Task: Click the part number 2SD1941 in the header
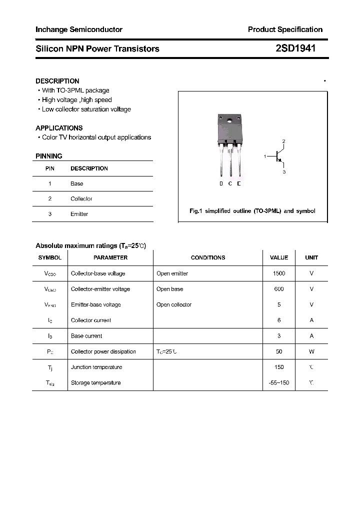295,48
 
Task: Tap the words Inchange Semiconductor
79,29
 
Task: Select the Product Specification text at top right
285,29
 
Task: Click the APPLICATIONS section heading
59,128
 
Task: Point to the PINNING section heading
49,156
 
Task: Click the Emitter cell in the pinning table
79,214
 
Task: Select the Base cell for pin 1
76,183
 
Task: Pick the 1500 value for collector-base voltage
279,273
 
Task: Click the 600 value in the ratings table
279,289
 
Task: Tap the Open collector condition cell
173,304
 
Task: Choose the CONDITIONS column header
208,257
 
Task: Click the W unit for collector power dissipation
311,351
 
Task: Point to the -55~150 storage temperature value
279,382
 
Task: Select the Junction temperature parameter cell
96,367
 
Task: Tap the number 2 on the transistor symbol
283,141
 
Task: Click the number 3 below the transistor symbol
284,172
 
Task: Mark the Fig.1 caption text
252,211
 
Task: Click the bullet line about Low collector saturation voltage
86,109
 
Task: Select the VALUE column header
279,257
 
